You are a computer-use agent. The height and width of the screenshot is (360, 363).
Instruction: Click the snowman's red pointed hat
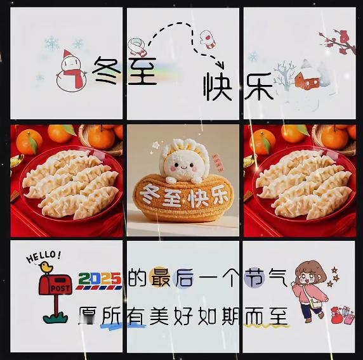point(68,53)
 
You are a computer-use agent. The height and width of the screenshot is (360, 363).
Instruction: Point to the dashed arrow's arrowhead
point(220,65)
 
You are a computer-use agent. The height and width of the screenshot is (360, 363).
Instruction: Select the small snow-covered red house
point(307,79)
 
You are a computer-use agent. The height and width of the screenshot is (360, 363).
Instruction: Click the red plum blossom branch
point(338,42)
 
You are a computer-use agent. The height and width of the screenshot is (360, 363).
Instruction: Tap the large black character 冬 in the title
point(107,70)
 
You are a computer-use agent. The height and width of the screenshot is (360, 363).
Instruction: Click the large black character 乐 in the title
point(260,86)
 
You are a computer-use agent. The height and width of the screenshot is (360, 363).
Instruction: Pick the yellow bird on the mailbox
point(46,267)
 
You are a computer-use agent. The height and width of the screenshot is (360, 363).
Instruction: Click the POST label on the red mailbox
point(60,288)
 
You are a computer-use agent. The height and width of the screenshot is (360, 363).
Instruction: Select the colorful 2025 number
point(100,279)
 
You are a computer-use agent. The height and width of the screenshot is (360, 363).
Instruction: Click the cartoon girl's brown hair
point(310,270)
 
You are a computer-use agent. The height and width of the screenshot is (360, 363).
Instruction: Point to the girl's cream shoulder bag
point(315,304)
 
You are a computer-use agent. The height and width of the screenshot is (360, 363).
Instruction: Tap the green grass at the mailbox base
point(56,318)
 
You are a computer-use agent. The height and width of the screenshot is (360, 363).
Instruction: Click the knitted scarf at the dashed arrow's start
point(138,47)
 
